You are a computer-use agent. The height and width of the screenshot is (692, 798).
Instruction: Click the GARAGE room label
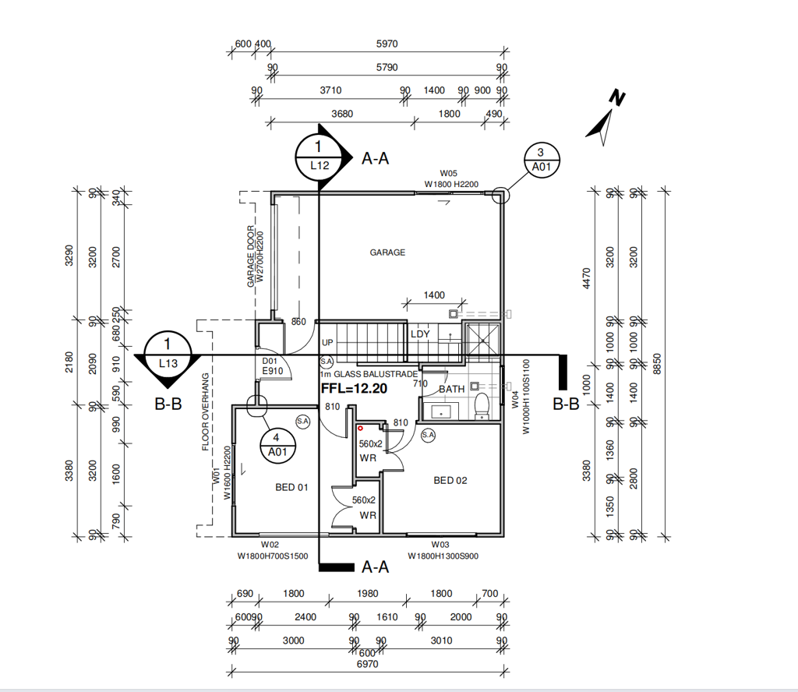pyautogui.click(x=387, y=252)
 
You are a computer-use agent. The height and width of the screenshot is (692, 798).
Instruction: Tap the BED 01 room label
pyautogui.click(x=291, y=488)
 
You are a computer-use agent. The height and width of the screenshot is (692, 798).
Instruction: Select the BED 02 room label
pyautogui.click(x=450, y=480)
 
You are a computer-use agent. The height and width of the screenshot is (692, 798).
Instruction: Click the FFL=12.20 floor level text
pyautogui.click(x=354, y=389)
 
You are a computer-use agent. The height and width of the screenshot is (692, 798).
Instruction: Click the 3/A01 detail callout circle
pyautogui.click(x=542, y=160)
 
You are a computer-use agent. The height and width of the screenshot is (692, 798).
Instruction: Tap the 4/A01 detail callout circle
pyautogui.click(x=277, y=445)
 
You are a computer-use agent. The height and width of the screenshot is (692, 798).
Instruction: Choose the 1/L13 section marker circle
pyautogui.click(x=168, y=355)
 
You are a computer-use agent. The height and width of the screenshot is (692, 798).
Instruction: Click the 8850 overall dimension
pyautogui.click(x=657, y=364)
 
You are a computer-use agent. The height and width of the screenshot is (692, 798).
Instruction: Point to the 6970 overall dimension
pyautogui.click(x=368, y=664)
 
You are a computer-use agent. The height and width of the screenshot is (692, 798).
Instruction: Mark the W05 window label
pyautogui.click(x=448, y=174)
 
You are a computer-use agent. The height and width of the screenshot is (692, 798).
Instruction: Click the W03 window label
pyautogui.click(x=440, y=545)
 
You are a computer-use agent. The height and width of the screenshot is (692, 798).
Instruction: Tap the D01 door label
pyautogui.click(x=269, y=362)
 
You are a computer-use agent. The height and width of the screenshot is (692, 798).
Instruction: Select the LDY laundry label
pyautogui.click(x=420, y=334)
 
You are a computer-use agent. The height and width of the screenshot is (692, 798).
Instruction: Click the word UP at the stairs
pyautogui.click(x=327, y=343)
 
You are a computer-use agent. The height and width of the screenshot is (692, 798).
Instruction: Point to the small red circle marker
pyautogui.click(x=360, y=429)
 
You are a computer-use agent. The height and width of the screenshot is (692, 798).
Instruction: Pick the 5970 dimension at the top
pyautogui.click(x=387, y=44)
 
